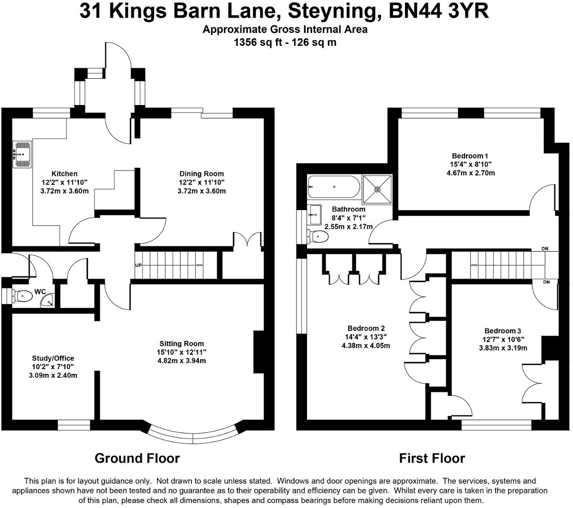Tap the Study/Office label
(x=53, y=358)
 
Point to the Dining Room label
(x=201, y=174)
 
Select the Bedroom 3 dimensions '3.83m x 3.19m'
(x=503, y=348)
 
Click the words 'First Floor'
(x=432, y=459)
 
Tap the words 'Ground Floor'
(x=138, y=459)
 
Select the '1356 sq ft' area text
(x=256, y=42)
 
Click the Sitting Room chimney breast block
(x=258, y=352)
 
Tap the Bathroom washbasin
(x=315, y=214)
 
